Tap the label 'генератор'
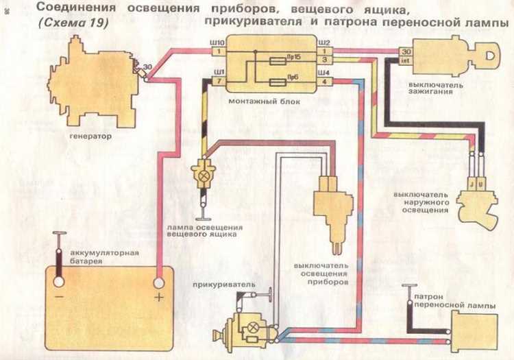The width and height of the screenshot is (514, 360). (x=90, y=136)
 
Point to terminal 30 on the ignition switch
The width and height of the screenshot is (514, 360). (x=406, y=52)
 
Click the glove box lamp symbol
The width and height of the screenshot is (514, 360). (x=203, y=176)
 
